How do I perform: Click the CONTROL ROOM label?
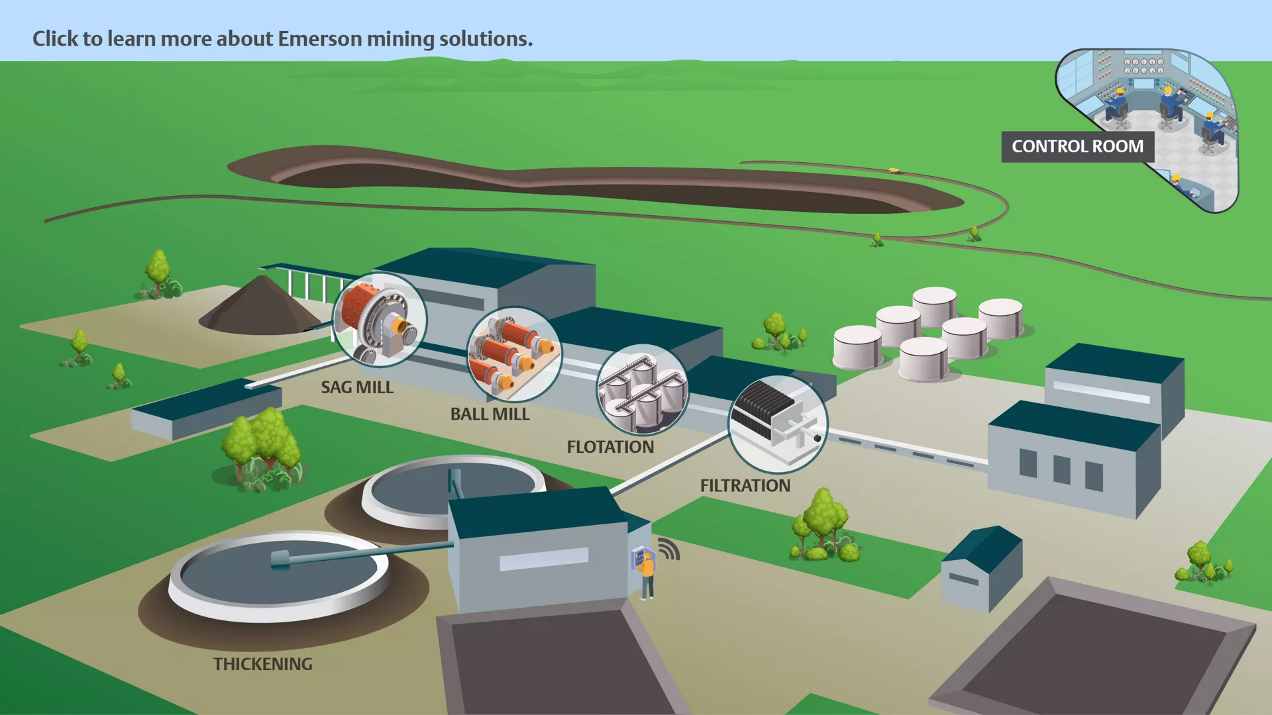pos(1077,146)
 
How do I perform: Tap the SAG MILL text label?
pos(357,387)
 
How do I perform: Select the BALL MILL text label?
pos(490,414)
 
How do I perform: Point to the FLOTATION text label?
pos(610,447)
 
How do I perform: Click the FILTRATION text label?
pos(745,485)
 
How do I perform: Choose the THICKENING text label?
pos(263,664)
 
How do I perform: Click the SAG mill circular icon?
pos(380,320)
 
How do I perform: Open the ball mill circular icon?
pos(514,354)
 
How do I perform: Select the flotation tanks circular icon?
pos(642,389)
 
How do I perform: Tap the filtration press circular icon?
pos(778,424)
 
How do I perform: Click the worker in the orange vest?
pos(647,576)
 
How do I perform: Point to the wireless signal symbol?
pos(669,549)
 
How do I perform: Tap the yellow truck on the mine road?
pos(894,171)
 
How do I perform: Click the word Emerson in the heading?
pos(320,39)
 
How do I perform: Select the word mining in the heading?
pos(401,40)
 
